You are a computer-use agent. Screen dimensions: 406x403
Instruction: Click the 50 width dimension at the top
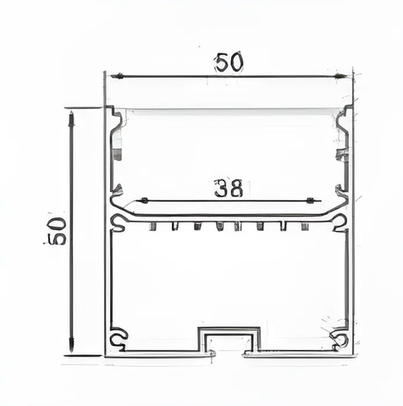tap(229, 62)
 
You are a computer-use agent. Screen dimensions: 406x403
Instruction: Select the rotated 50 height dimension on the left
tap(56, 231)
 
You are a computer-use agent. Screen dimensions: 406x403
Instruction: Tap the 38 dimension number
tap(229, 188)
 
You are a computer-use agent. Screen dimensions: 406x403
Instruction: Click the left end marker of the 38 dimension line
tap(143, 200)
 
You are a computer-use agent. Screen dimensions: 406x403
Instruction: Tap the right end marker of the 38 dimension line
tap(315, 200)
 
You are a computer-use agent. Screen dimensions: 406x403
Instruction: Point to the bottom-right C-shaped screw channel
tap(340, 339)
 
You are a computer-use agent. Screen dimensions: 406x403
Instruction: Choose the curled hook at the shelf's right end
tap(340, 222)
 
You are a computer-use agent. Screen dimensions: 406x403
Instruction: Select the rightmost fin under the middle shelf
tap(304, 227)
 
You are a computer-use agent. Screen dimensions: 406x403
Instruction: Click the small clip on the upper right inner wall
tap(342, 154)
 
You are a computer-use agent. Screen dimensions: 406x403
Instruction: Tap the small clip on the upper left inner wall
tap(117, 154)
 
